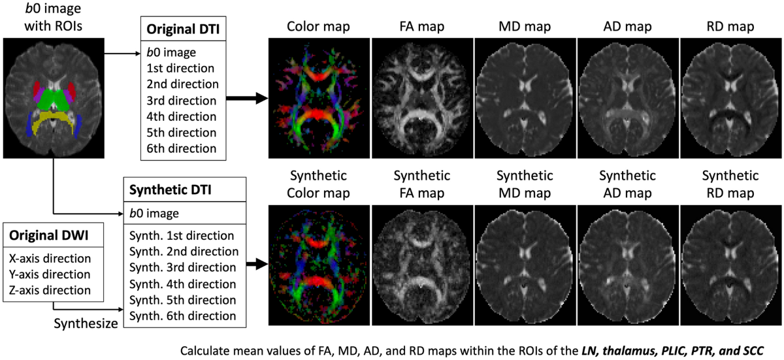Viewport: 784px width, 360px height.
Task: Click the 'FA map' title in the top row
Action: [421, 27]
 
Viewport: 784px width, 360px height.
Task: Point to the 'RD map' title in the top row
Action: [731, 27]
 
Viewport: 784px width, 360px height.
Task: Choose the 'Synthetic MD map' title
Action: [525, 185]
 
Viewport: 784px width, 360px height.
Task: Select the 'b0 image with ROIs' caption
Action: [52, 20]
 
